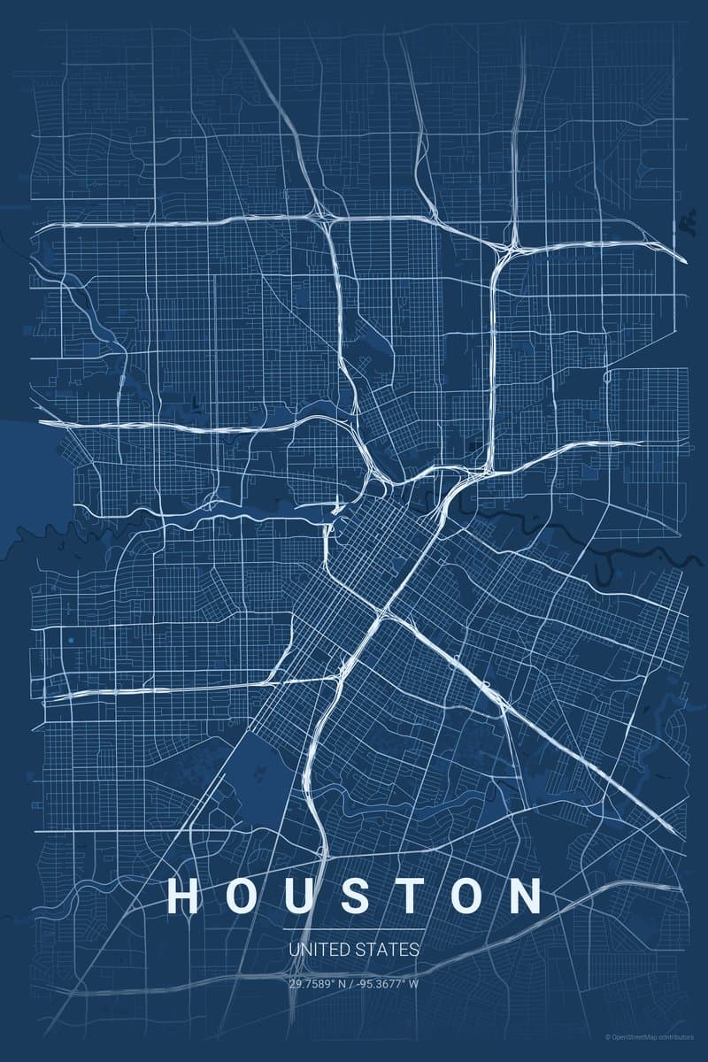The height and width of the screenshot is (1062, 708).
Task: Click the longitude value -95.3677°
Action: pyautogui.click(x=381, y=982)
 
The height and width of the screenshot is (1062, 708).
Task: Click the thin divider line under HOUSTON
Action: pyautogui.click(x=354, y=929)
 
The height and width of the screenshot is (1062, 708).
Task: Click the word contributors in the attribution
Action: pyautogui.click(x=676, y=1036)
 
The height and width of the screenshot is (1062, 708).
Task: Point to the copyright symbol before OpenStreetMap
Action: pyautogui.click(x=607, y=1036)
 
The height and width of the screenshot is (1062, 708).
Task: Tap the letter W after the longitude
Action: pyautogui.click(x=414, y=982)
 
